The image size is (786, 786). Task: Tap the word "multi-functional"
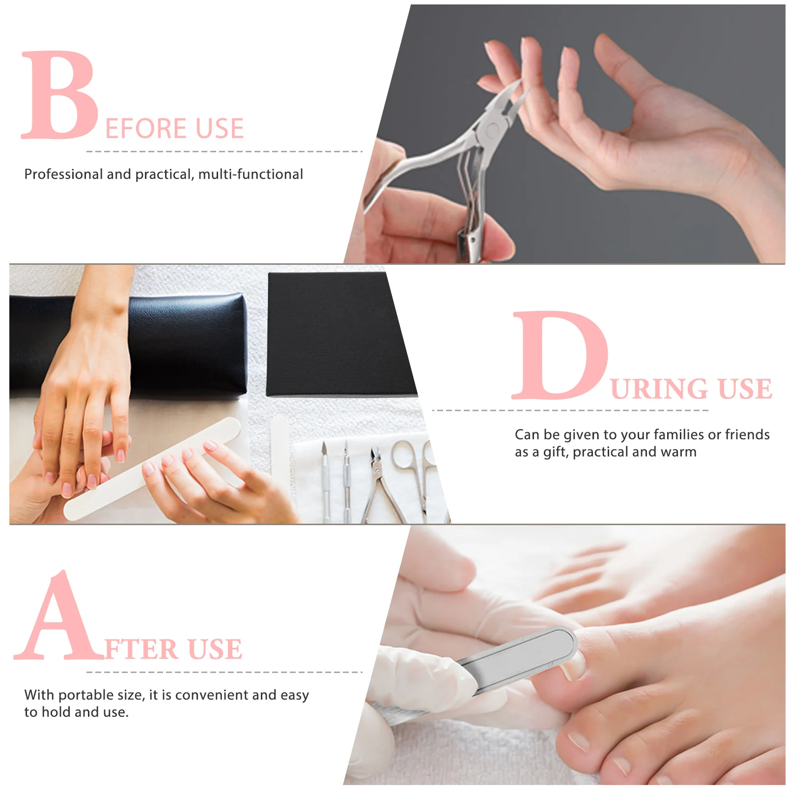[x=251, y=174]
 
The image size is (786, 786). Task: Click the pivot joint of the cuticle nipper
[x=489, y=131]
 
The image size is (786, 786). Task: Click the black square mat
[x=339, y=334]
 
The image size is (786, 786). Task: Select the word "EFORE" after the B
[x=147, y=129]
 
